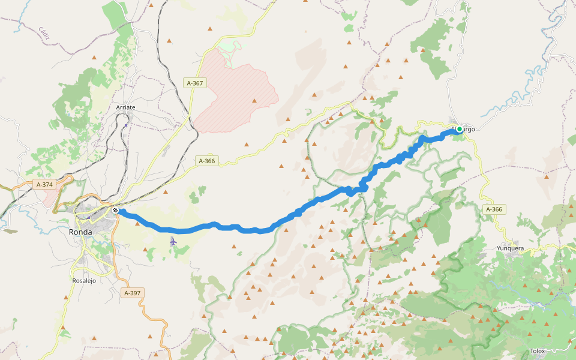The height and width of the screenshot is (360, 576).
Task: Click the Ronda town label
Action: click(80, 232)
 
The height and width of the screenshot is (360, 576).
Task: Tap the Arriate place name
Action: click(125, 107)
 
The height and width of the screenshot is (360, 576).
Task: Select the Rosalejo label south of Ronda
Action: click(84, 280)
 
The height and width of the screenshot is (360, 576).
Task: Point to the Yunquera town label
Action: click(510, 248)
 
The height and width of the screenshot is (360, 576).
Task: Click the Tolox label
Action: click(538, 351)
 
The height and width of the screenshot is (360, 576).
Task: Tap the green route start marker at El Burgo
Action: click(460, 128)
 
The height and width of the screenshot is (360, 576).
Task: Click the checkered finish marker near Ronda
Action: click(115, 210)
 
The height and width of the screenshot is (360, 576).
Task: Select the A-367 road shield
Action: click(195, 83)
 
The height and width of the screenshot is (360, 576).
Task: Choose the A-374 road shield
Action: click(44, 185)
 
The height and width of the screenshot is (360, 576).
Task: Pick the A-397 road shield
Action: click(131, 293)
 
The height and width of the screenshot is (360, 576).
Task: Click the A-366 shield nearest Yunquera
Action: click(494, 209)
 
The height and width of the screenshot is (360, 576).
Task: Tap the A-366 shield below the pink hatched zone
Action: click(207, 161)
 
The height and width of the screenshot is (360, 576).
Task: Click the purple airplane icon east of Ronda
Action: click(173, 241)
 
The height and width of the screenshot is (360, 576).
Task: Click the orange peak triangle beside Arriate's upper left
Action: click(94, 58)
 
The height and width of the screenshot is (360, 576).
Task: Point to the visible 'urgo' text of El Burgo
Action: click(469, 129)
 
